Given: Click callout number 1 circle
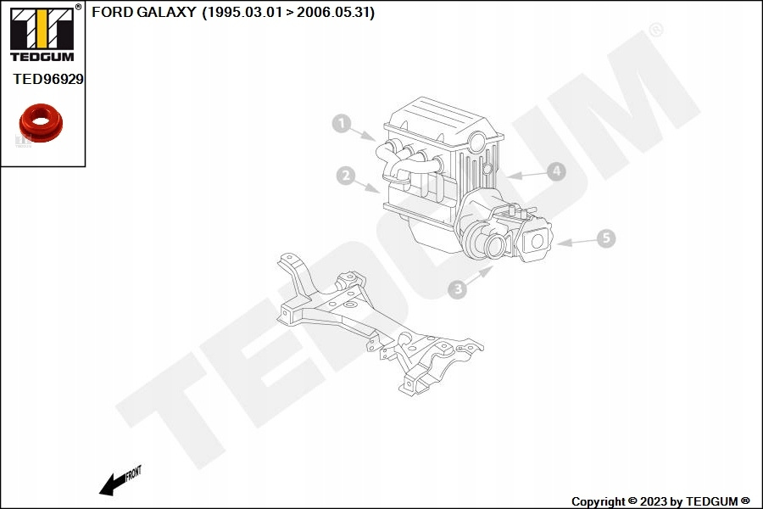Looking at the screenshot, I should pos(341,124).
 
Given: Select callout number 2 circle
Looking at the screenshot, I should pos(345,176).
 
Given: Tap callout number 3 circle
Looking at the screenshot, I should pos(457,289).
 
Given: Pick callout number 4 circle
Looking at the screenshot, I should pos(555,171).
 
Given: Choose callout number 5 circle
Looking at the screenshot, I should pos(605,238).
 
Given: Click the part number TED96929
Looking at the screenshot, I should pos(48,79).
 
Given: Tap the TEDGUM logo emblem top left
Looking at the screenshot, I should pos(41,31).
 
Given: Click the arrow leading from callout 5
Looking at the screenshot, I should pos(576,242).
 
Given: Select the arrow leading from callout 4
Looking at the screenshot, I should pos(526,175).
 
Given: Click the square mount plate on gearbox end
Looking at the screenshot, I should pos(537,242).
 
